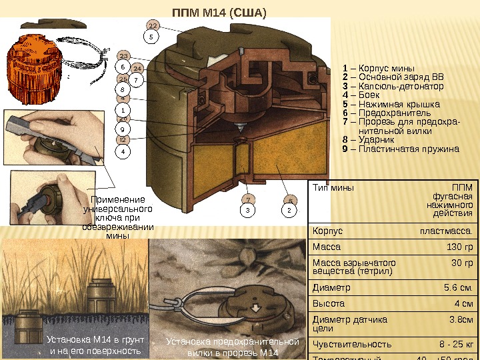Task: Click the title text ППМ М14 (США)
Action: tap(219, 13)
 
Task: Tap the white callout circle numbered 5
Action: tap(151, 37)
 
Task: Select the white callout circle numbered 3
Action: tap(247, 211)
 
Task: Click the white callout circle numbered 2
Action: tap(290, 211)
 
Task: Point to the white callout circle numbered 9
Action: tap(123, 129)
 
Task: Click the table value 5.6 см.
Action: tap(458, 288)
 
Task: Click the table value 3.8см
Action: tap(460, 320)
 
